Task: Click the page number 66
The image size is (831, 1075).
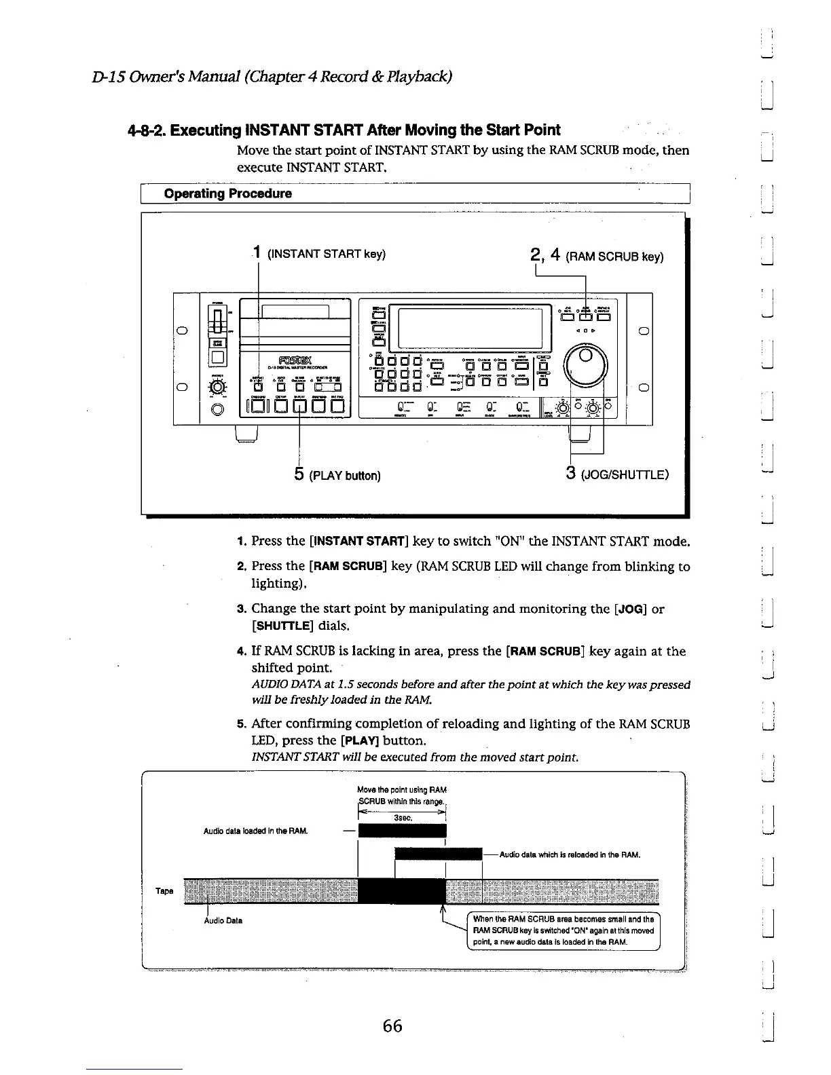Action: coord(392,1025)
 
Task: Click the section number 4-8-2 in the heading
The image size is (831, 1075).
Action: coord(144,130)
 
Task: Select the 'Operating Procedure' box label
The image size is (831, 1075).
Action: coord(228,193)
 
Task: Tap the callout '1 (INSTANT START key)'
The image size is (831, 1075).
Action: coord(319,254)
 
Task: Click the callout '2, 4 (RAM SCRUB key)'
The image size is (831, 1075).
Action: coord(597,257)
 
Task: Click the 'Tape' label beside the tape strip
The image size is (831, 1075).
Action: coord(165,890)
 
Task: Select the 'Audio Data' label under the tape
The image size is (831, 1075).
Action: coord(223,920)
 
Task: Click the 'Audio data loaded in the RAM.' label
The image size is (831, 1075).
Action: coord(256,831)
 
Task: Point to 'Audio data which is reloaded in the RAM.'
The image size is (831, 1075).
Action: coord(569,854)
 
